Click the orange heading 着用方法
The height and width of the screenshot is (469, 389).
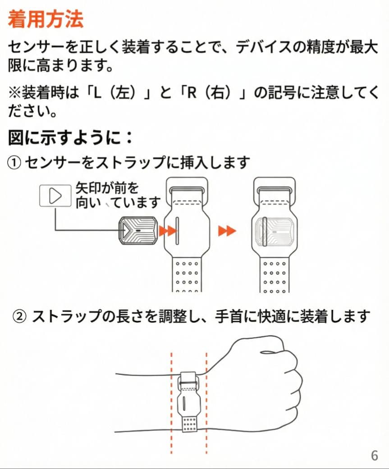coord(46,20)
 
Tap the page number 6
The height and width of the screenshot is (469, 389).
coord(374,455)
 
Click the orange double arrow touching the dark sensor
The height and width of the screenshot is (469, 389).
coord(168,231)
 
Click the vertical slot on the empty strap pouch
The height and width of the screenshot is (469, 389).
coord(179,232)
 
